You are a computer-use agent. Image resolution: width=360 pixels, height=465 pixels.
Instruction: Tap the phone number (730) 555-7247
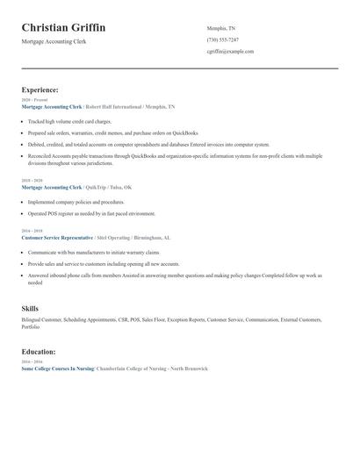coord(223,39)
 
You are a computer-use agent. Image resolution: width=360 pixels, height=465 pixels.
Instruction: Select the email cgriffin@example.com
coord(230,51)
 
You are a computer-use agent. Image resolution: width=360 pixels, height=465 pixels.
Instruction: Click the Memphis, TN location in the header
coord(221,28)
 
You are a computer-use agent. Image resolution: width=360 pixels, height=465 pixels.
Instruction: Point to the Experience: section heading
coord(40,89)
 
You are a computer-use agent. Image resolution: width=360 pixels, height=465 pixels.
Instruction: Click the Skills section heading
coord(30,309)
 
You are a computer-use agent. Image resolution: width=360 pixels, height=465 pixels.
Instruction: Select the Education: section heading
coord(39,352)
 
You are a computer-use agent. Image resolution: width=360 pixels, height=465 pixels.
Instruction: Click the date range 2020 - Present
coord(32,100)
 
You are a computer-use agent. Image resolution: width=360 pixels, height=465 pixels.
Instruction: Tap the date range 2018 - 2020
coord(31,181)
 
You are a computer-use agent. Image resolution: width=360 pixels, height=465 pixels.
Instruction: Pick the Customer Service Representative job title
coord(56,238)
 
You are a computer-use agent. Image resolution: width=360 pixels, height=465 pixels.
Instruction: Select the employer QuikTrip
coord(96,187)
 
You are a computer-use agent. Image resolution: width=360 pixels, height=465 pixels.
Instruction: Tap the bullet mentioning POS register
coord(84,213)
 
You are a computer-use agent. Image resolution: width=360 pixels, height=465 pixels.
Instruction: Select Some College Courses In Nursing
coord(56,368)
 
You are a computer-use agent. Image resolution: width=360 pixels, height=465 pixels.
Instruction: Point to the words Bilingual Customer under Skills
coord(40,322)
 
